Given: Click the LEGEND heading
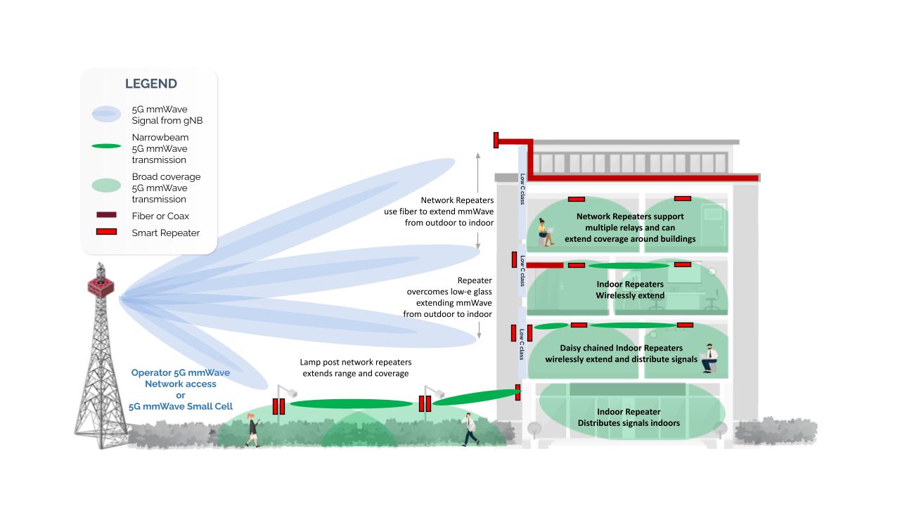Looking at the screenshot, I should [x=150, y=84].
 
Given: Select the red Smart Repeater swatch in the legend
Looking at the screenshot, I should [x=106, y=232].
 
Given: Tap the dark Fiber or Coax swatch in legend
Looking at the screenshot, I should [x=106, y=216].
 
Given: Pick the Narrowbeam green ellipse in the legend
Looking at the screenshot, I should [x=105, y=146].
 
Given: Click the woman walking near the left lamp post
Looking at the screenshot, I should [x=252, y=430].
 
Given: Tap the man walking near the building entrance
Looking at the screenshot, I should [x=470, y=429].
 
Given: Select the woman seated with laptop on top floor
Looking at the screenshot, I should [x=546, y=232].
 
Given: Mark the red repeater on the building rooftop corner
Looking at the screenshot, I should [x=496, y=140].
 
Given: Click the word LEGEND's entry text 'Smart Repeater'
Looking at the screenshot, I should [x=166, y=233].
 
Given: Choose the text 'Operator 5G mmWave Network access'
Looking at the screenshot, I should [x=174, y=378].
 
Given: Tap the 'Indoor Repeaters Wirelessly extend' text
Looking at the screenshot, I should [x=630, y=290].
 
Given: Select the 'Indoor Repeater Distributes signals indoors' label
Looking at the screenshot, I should [x=629, y=417].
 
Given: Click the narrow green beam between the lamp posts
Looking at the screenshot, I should [x=351, y=404].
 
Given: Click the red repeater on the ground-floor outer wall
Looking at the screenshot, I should [x=517, y=392].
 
